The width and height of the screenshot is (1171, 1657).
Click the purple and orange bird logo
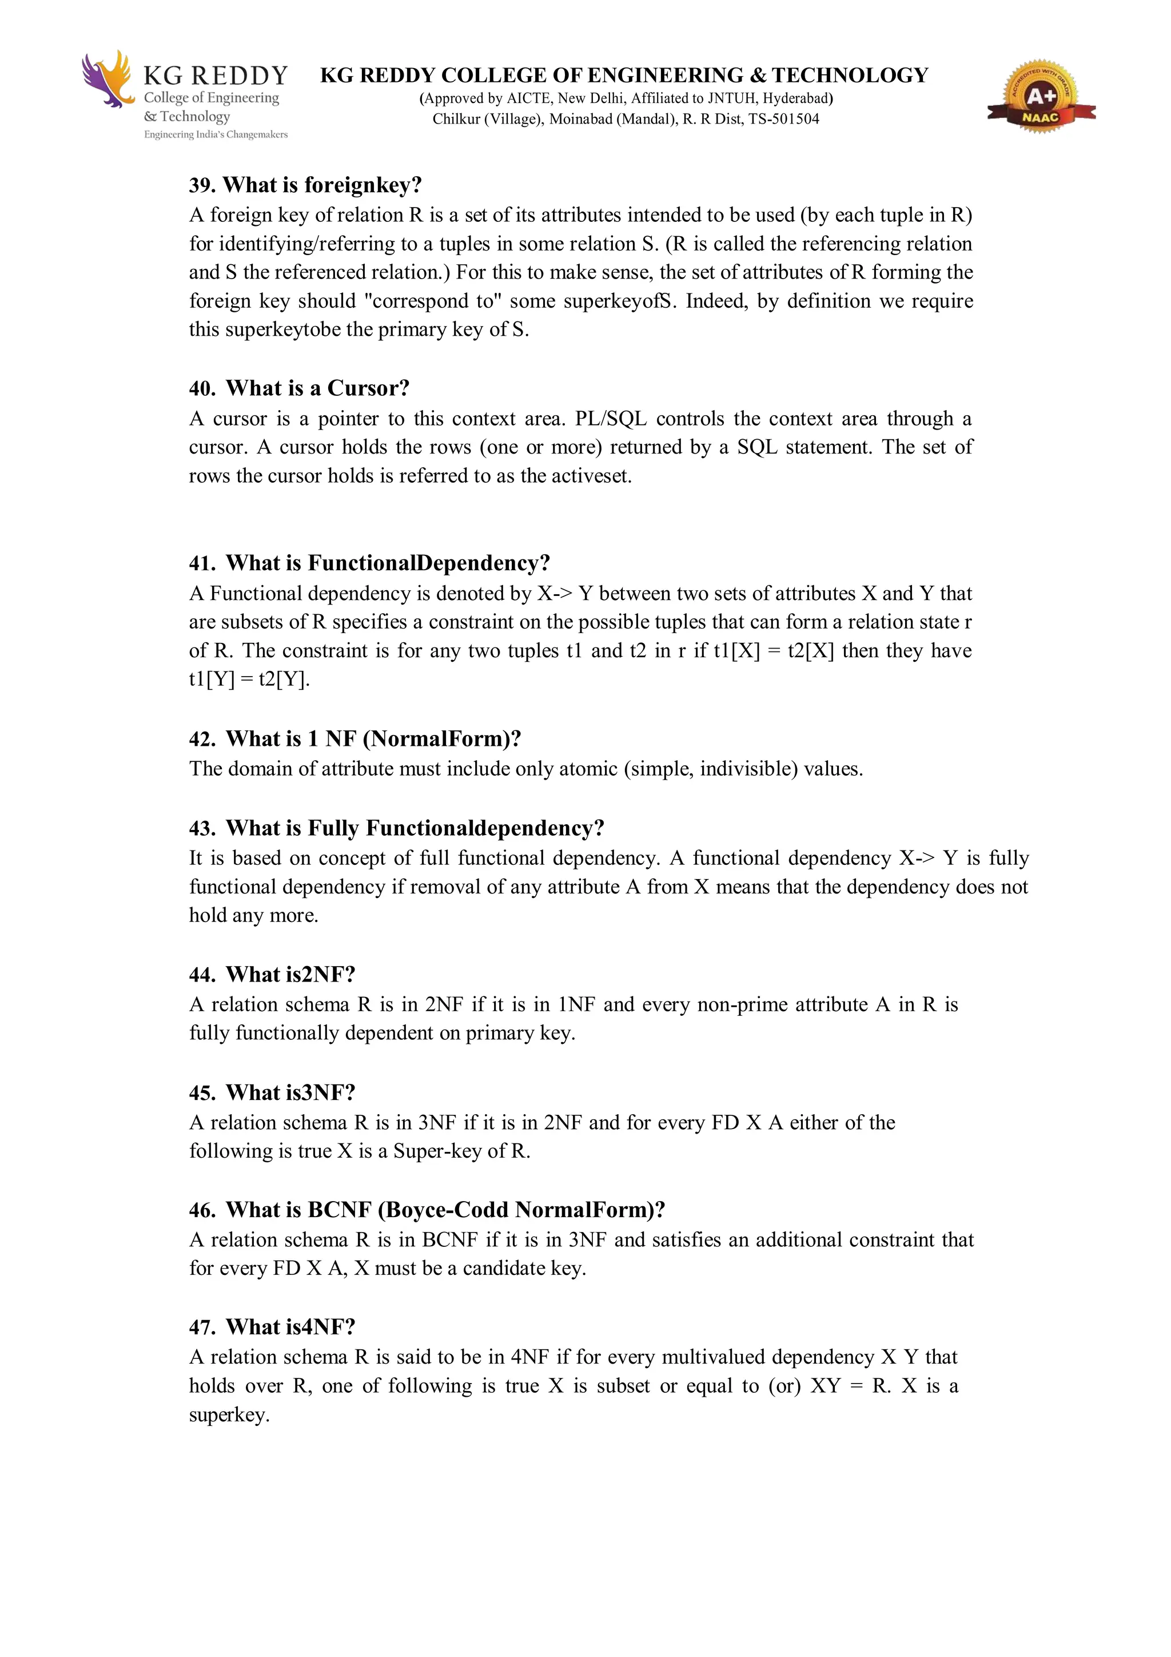tap(108, 80)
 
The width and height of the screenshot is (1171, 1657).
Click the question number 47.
tap(201, 1326)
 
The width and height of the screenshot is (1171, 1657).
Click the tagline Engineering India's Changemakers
tap(216, 135)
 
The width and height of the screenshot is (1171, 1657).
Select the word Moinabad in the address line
tap(580, 119)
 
